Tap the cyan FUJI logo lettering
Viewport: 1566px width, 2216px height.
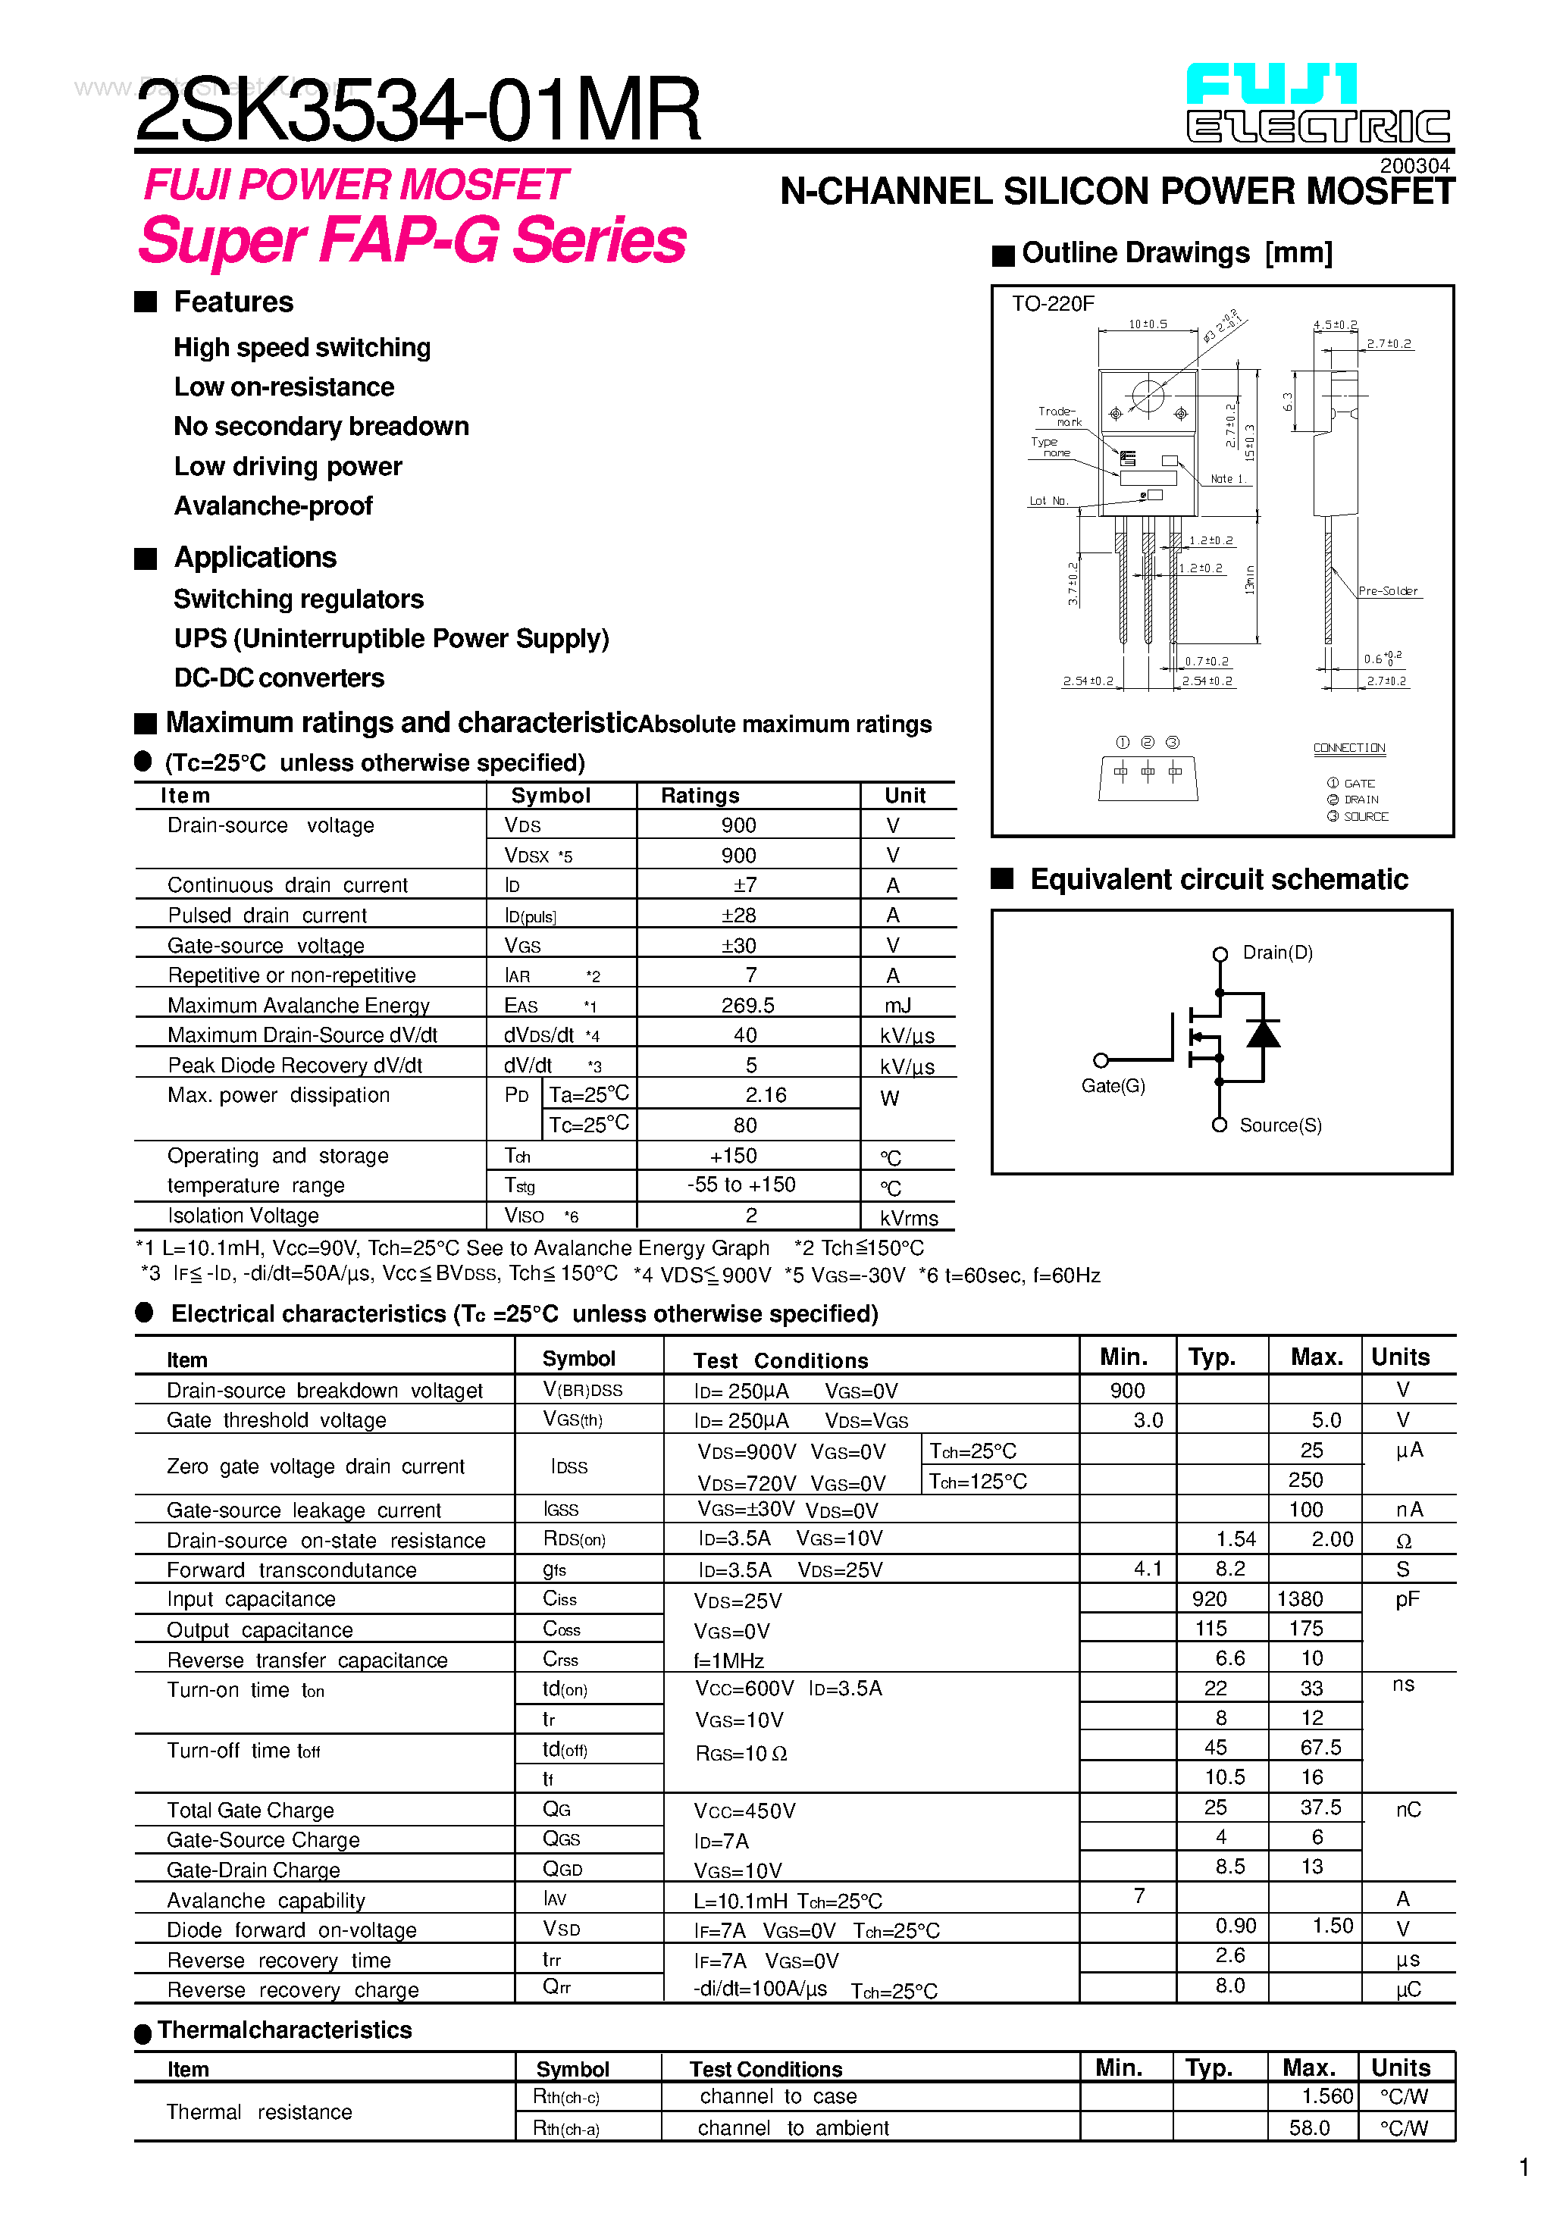click(x=1270, y=85)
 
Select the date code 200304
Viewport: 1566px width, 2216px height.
click(x=1414, y=166)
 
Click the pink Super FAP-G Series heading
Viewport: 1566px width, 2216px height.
click(x=412, y=240)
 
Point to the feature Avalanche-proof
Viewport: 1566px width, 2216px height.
click(x=273, y=505)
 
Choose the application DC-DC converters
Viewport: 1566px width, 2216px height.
click(x=279, y=678)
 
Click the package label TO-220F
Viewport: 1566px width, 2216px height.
click(x=1052, y=304)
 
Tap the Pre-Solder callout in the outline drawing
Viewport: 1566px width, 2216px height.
click(x=1387, y=590)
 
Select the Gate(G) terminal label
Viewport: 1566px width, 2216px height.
click(x=1113, y=1086)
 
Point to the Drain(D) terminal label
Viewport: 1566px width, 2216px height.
click(x=1277, y=953)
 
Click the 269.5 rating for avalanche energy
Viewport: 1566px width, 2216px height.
click(x=747, y=1006)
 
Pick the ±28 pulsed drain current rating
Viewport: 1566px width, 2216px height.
click(x=738, y=915)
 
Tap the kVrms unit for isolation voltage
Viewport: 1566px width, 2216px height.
click(x=909, y=1218)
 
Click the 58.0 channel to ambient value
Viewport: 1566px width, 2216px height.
click(x=1309, y=2128)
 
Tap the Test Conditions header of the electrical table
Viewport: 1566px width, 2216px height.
click(x=780, y=1361)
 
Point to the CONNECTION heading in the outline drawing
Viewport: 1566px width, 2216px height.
click(x=1348, y=748)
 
